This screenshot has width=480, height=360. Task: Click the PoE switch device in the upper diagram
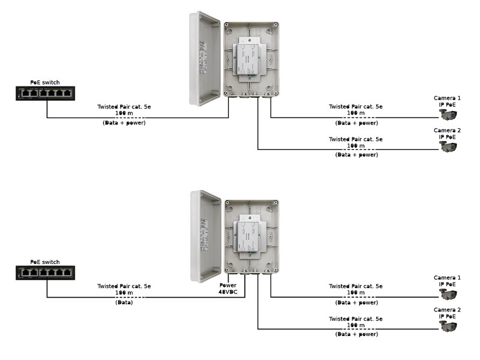point(45,93)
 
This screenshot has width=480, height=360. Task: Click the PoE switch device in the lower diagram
point(45,273)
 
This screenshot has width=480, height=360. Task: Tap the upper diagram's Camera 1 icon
point(448,114)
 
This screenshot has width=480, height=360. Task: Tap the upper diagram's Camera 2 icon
point(448,146)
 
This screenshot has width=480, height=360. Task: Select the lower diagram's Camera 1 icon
point(448,294)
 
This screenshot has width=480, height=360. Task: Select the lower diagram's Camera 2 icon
point(448,326)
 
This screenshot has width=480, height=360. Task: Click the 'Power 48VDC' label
point(229,289)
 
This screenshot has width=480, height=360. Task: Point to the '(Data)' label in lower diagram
point(124,302)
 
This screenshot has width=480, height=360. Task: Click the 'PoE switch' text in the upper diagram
point(45,82)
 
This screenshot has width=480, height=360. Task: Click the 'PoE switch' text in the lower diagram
point(45,262)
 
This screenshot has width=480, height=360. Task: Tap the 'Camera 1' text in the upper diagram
point(448,98)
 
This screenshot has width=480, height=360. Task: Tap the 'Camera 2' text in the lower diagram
point(448,310)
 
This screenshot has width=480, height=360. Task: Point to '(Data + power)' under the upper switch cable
point(124,122)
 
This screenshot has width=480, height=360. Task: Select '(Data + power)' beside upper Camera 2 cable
point(356,155)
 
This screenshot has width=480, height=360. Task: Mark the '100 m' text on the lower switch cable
point(124,293)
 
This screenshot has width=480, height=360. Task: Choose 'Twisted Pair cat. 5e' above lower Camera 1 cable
point(356,286)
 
